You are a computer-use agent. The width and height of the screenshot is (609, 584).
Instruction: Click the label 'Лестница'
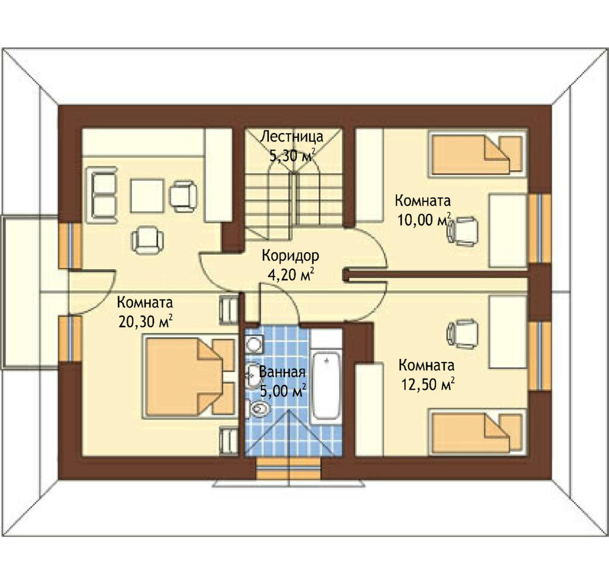291,137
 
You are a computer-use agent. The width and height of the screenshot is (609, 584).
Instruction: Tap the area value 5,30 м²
292,156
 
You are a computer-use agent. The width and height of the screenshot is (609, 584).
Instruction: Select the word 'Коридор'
290,255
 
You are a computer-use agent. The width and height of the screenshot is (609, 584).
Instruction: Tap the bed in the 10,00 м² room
477,154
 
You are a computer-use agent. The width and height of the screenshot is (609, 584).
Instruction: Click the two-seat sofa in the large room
102,195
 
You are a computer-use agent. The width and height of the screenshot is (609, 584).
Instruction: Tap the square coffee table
147,195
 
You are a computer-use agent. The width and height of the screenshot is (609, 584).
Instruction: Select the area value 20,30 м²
146,321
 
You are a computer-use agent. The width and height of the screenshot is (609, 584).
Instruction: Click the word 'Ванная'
282,372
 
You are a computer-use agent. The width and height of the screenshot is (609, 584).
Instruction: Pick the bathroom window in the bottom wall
290,469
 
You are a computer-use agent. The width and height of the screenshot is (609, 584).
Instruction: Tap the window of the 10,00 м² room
539,229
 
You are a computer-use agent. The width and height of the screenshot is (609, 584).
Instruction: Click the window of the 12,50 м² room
539,356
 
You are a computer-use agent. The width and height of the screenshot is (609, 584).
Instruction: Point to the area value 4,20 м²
291,274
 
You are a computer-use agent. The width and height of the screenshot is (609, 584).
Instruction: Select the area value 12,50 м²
428,384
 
